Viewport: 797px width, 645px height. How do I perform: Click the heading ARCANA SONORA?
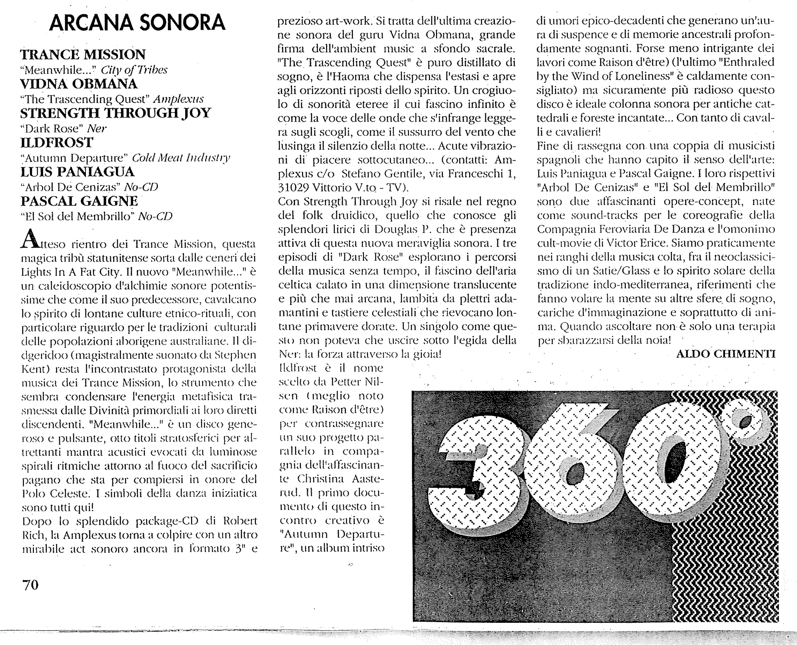coord(137,23)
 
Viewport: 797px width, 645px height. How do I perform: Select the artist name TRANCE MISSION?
coord(83,55)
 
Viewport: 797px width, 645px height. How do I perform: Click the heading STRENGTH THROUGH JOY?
coord(115,113)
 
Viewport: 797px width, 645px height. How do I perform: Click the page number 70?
coord(30,585)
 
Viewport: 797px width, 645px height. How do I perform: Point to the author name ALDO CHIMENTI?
coord(726,354)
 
